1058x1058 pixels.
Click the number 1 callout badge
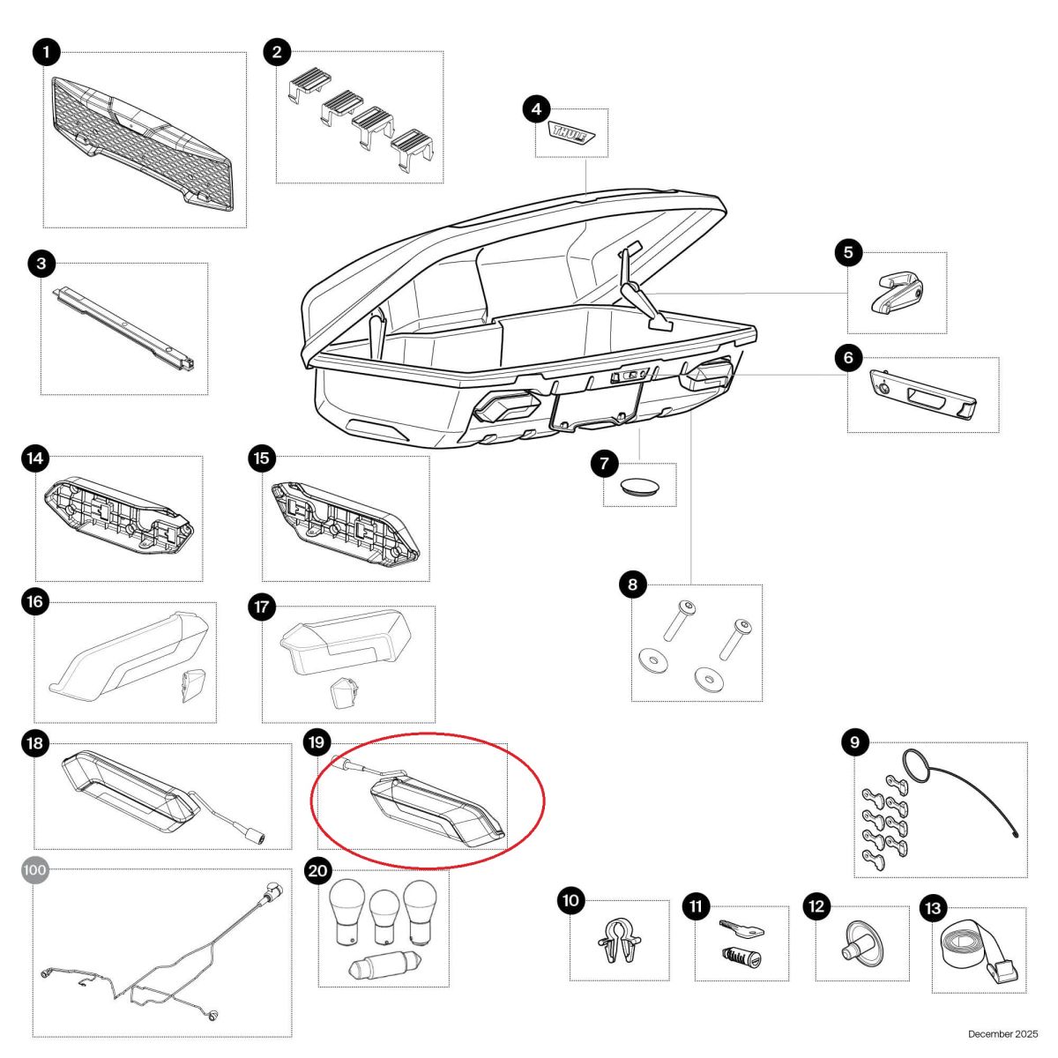46,53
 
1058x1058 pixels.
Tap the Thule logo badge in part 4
570,133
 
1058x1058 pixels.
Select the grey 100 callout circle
34,870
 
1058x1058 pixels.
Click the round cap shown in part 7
640,487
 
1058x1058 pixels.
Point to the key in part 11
741,928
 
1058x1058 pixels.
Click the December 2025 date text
1003,1034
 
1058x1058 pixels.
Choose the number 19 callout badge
317,743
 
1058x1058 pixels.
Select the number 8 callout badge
632,585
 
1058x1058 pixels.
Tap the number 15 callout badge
262,458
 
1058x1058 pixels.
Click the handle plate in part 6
923,393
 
